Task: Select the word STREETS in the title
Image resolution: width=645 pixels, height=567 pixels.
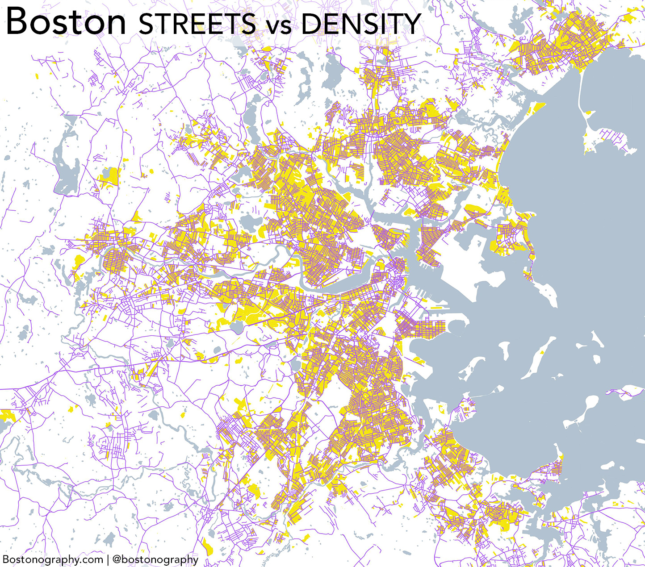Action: [x=197, y=24]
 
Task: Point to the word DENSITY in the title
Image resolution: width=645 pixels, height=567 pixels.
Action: [x=361, y=24]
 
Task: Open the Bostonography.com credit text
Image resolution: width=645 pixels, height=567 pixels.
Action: [x=53, y=559]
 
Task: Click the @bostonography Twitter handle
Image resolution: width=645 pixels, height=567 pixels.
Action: [x=155, y=559]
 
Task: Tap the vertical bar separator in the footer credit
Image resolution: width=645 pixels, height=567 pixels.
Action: [x=107, y=559]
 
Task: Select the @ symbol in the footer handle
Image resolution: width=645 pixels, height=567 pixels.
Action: [x=117, y=559]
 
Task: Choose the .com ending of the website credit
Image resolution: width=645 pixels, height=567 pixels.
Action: [x=92, y=559]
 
